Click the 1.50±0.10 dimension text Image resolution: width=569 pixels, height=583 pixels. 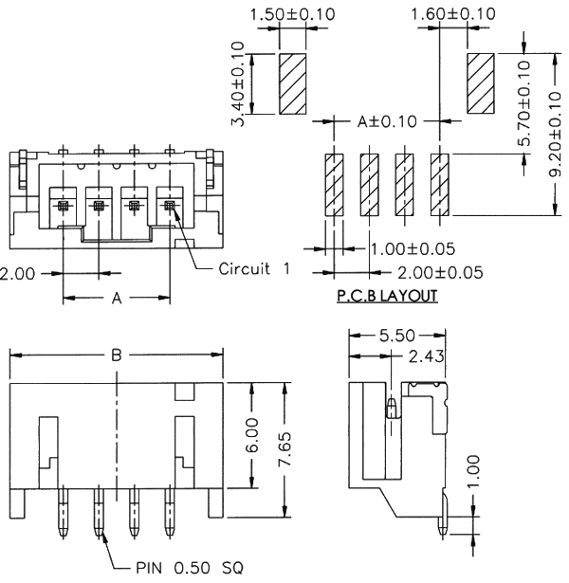292,15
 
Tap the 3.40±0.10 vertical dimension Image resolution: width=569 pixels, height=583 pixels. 238,83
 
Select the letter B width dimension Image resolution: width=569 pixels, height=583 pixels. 116,355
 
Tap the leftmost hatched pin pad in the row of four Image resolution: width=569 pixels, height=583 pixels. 334,186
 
